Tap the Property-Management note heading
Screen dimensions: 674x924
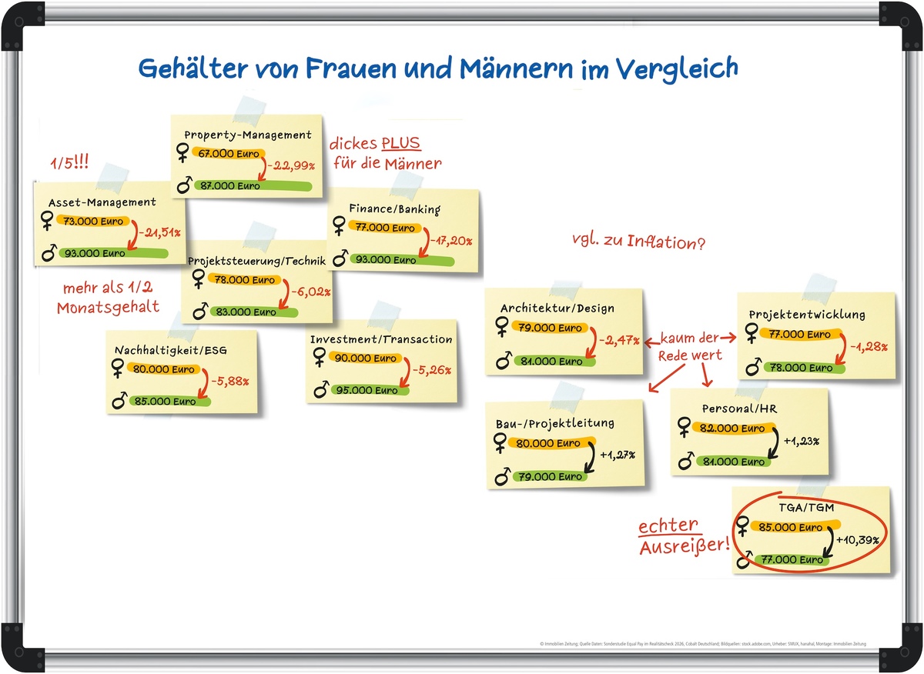(x=248, y=135)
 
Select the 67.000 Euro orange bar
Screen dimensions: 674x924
(x=228, y=154)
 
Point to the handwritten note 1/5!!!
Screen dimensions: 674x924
(x=69, y=163)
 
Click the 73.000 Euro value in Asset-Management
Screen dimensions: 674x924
(x=87, y=222)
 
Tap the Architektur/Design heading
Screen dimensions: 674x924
(x=557, y=309)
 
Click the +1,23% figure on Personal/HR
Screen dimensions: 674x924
(x=801, y=442)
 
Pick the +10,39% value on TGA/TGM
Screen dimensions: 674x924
(x=856, y=539)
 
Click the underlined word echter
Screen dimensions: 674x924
(x=668, y=528)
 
